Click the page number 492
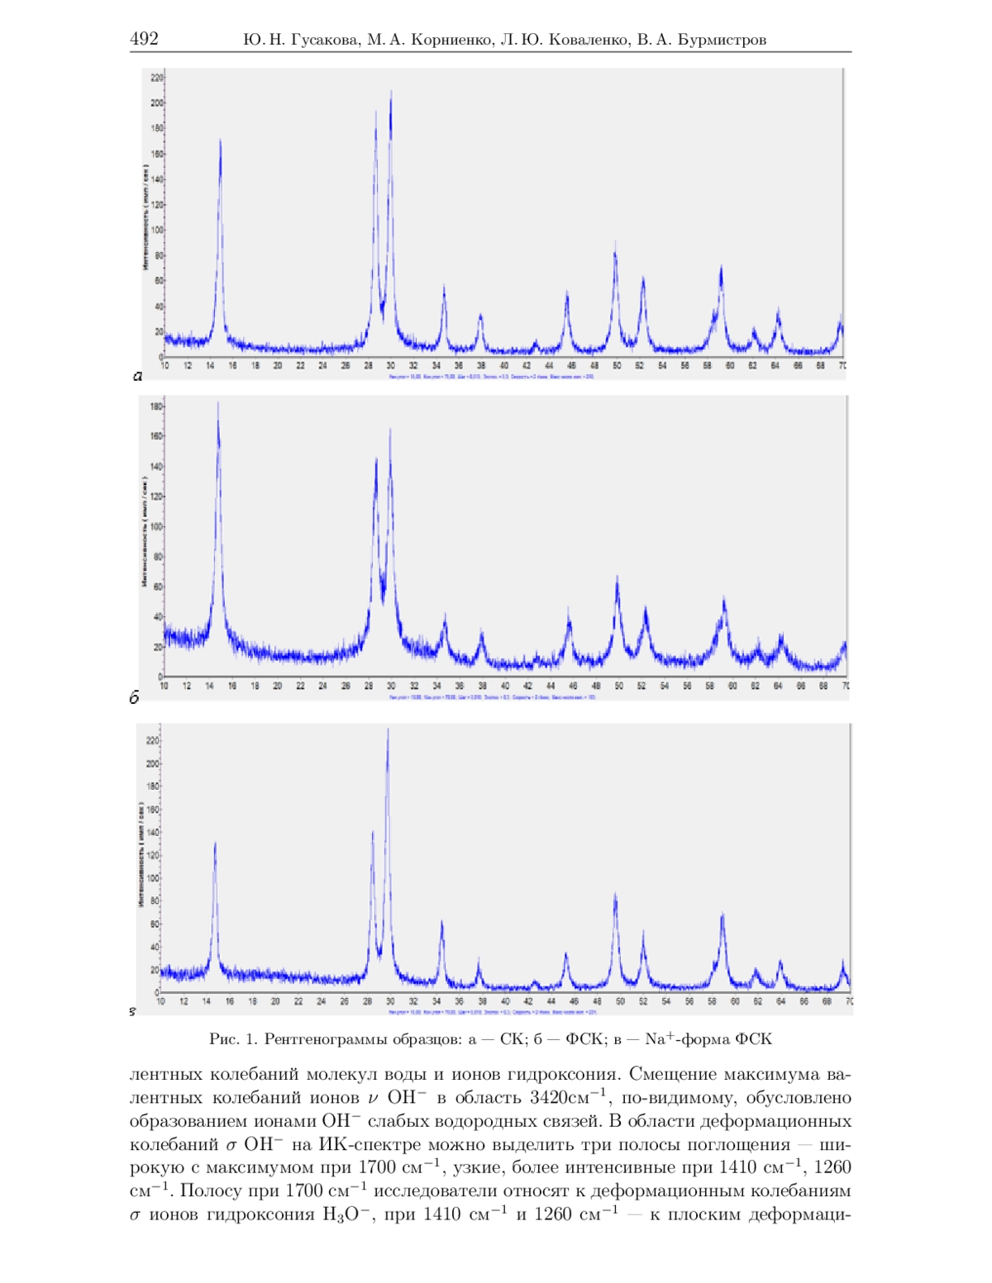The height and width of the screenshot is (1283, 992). coord(144,39)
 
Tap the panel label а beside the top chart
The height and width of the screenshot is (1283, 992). coord(137,376)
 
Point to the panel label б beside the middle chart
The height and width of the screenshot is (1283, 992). coord(134,698)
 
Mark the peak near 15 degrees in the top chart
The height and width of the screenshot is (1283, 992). coord(220,141)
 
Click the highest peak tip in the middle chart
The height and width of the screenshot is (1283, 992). coord(217,403)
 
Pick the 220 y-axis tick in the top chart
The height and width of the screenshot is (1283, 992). coord(156,78)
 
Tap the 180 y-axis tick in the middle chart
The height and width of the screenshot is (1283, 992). coord(155,406)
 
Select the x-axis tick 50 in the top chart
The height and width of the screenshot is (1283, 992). coord(617,365)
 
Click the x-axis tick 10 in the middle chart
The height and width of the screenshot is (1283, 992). coord(164,686)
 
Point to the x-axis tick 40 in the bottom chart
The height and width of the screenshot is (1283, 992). coord(504,1001)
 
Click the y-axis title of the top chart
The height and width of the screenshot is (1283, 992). coord(145,216)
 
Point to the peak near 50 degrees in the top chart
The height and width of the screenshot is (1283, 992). coord(615,245)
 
